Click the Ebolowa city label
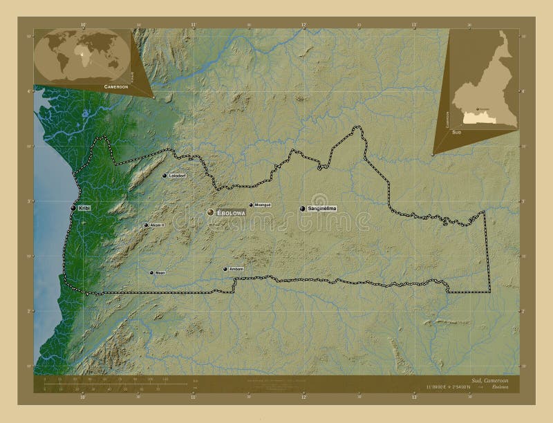tap(232, 213)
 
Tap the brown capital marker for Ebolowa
tap(211, 213)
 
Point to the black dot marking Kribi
tap(73, 208)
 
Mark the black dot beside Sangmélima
tap(302, 208)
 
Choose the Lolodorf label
tap(178, 176)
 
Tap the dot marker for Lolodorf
tap(165, 176)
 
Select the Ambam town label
tap(236, 269)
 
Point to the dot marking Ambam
tap(225, 269)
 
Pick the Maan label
tap(160, 273)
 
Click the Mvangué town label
tap(263, 205)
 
